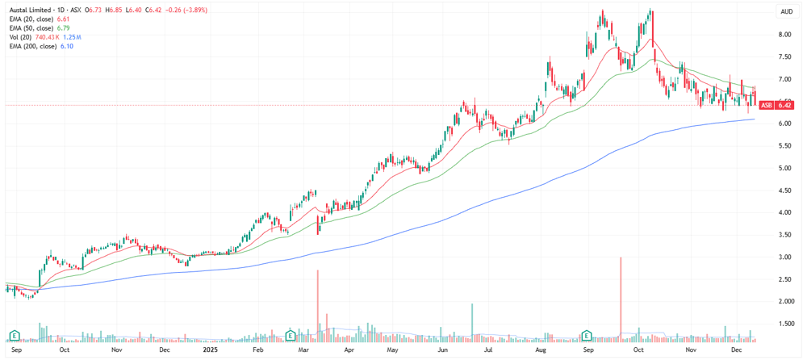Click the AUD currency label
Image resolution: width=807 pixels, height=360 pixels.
click(785, 11)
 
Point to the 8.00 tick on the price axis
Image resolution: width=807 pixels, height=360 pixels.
click(784, 35)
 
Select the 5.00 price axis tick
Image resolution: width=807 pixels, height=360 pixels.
click(784, 169)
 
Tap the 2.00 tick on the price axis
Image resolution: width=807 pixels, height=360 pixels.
click(784, 302)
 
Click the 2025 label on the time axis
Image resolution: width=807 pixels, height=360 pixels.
click(210, 350)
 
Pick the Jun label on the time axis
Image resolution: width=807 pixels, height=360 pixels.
click(441, 350)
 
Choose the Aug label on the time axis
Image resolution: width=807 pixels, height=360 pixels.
click(541, 350)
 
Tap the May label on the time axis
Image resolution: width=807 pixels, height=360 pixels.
click(393, 350)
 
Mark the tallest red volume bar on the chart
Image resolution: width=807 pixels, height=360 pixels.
click(621, 299)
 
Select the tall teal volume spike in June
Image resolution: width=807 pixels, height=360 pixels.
click(472, 323)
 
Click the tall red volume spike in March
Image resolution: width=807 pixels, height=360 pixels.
click(317, 306)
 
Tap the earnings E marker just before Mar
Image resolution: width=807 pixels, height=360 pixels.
click(291, 335)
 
